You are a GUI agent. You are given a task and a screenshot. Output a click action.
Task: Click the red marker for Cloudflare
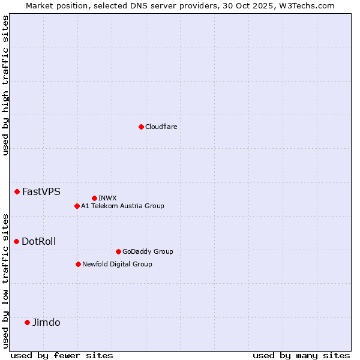(141, 127)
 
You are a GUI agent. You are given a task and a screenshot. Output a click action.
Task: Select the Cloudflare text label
(161, 127)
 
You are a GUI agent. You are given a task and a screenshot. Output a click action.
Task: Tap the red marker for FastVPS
(17, 191)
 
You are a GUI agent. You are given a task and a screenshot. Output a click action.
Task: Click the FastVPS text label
(41, 192)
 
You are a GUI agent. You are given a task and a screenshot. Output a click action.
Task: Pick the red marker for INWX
(94, 198)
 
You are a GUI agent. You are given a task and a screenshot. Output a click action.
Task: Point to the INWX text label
(107, 198)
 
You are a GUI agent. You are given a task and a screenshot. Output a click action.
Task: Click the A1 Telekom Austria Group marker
(77, 206)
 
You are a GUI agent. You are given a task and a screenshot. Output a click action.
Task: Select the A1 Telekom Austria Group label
(122, 206)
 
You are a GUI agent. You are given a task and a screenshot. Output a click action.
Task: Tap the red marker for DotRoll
(16, 241)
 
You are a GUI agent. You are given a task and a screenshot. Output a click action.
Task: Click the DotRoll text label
(38, 241)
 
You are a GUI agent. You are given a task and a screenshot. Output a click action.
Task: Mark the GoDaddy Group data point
(118, 251)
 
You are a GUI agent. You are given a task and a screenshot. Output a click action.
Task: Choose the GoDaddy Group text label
(147, 251)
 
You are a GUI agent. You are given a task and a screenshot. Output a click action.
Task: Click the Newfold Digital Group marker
(78, 264)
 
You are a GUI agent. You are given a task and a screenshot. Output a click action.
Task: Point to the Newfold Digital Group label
(117, 264)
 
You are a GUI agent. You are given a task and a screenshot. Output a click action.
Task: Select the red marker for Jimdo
(27, 322)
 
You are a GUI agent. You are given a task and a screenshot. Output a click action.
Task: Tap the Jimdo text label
(46, 322)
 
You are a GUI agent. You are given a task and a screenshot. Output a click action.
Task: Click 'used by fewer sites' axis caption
(62, 355)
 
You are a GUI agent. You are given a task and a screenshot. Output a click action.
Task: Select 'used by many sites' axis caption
(301, 355)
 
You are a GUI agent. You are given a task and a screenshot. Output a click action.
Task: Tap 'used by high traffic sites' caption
(5, 85)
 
